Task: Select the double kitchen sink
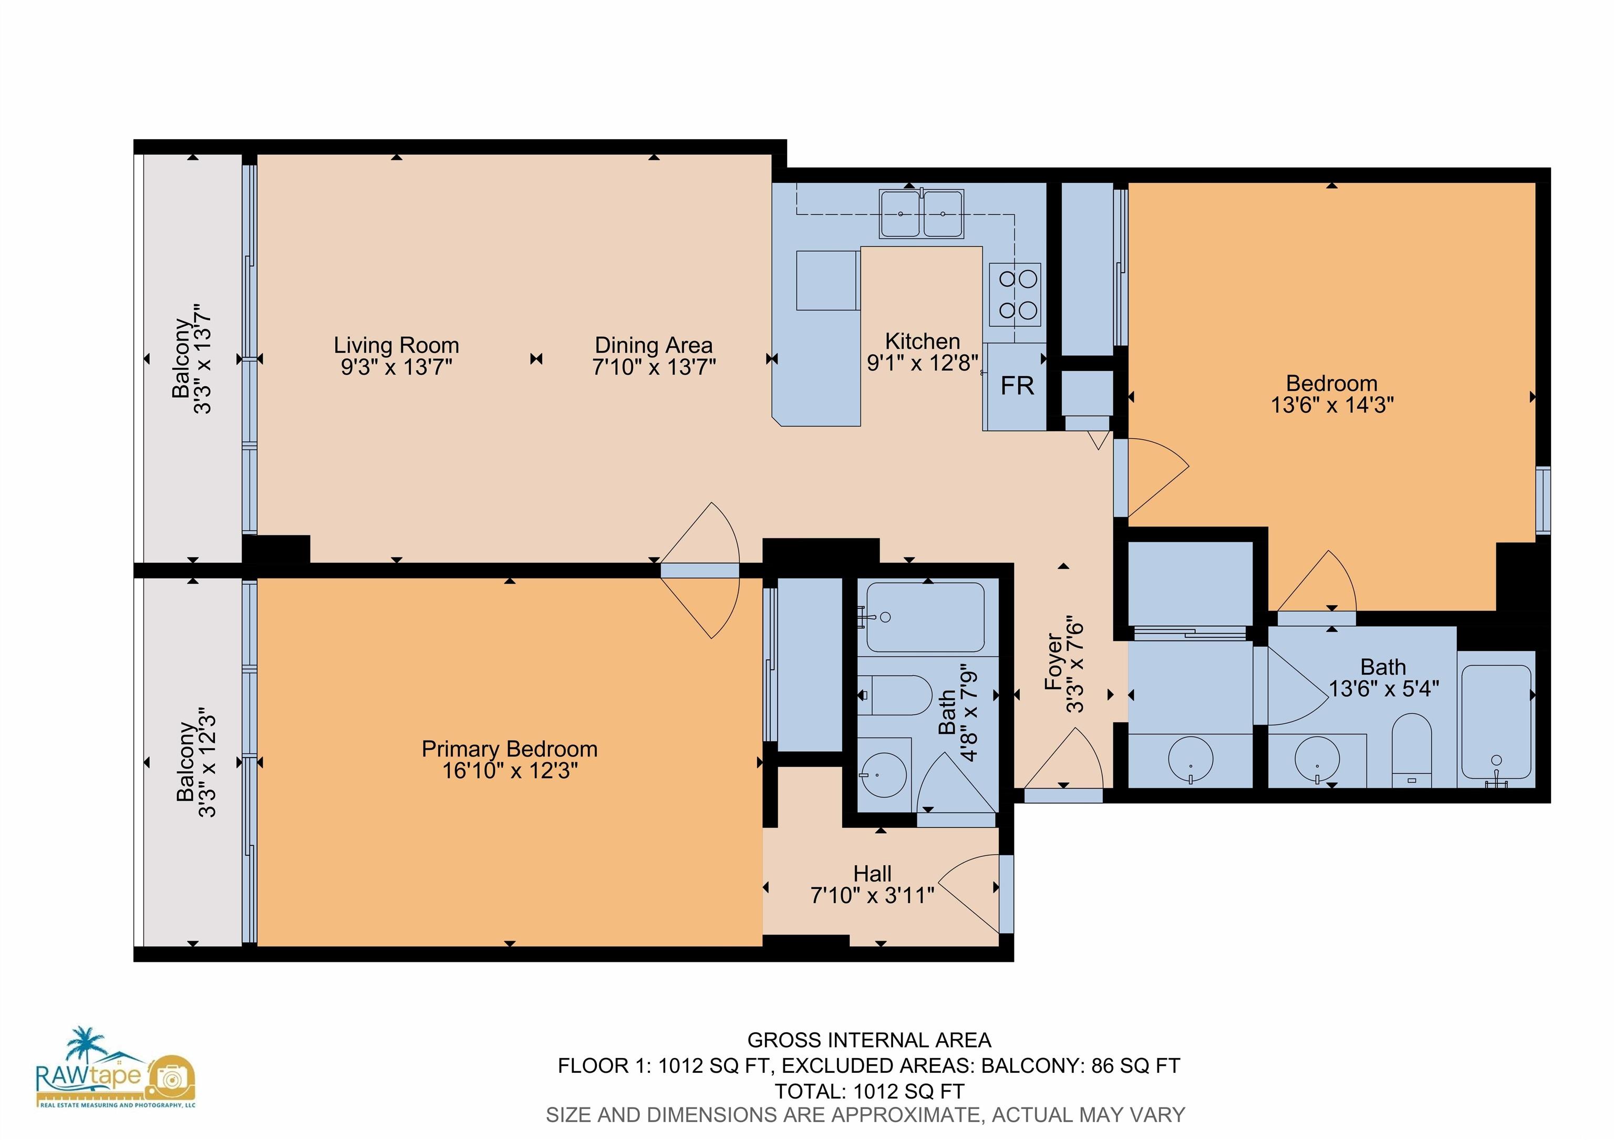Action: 922,213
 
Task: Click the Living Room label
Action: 397,345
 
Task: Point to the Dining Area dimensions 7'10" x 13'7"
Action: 654,367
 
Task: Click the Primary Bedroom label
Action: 510,749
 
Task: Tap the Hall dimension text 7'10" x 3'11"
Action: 872,895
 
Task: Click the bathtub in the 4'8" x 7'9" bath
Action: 925,617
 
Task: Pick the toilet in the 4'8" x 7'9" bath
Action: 894,695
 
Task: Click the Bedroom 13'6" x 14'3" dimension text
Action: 1332,406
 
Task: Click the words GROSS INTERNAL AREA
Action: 869,1040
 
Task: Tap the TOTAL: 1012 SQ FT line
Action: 869,1092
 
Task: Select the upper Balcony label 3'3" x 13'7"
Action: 192,358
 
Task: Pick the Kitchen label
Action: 922,341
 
